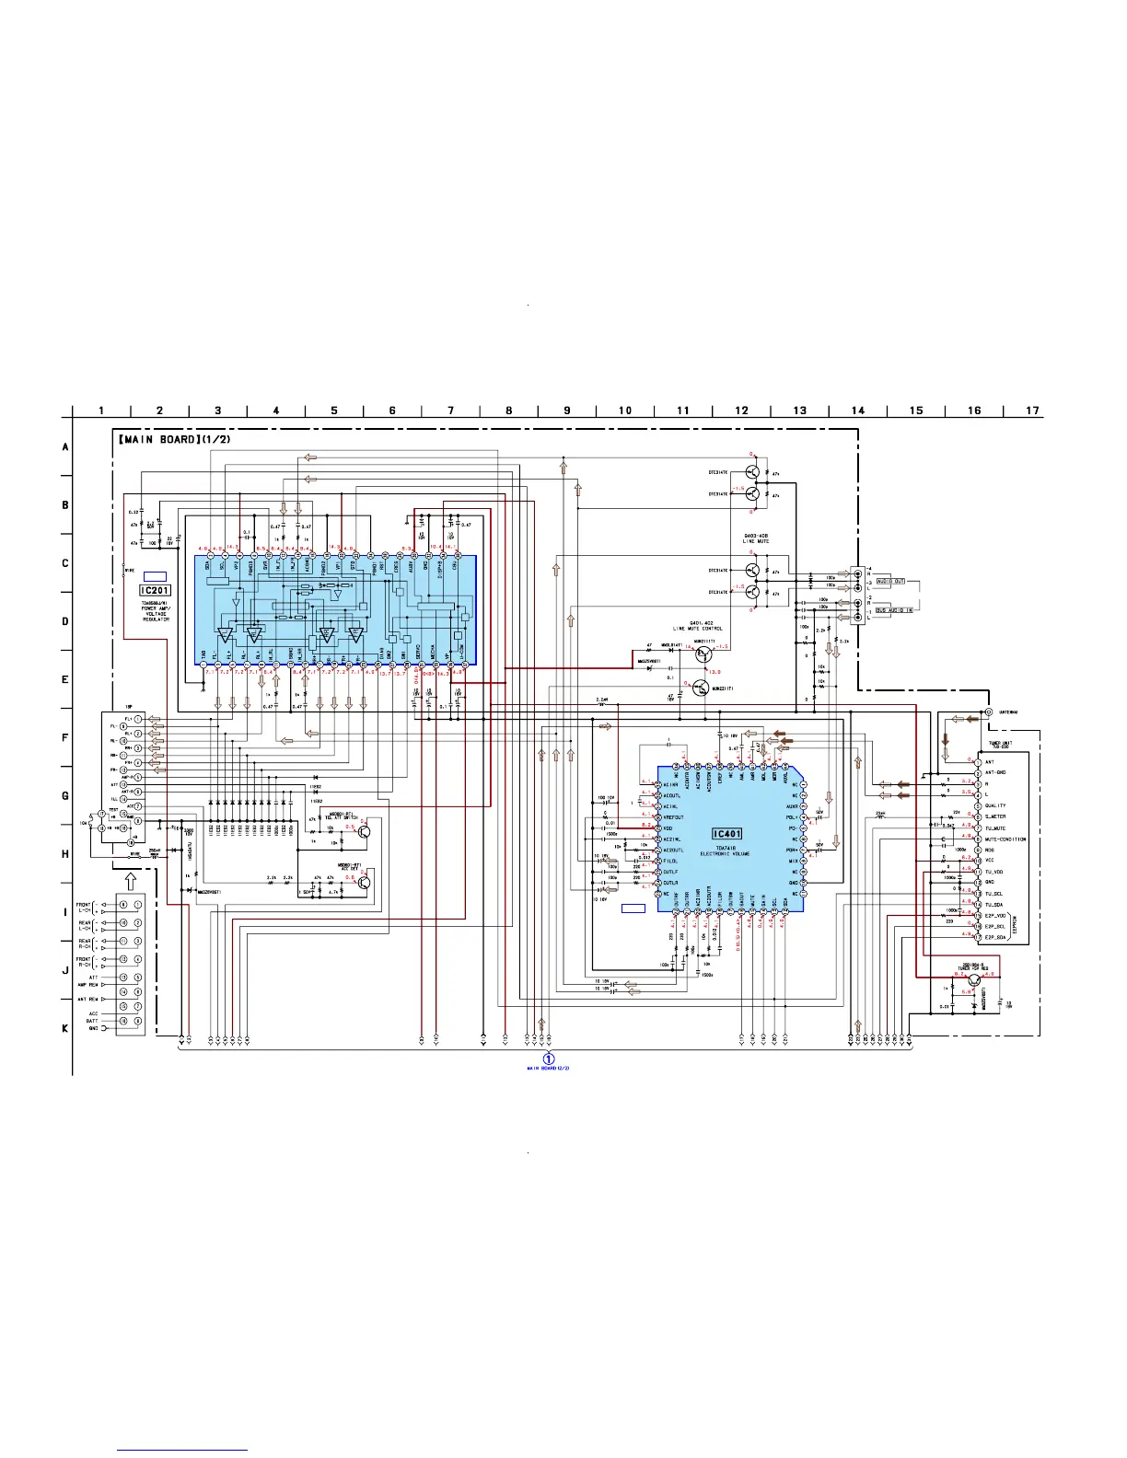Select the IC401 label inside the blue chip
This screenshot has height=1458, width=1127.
pos(726,834)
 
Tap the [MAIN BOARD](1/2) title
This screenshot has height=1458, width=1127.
pos(174,439)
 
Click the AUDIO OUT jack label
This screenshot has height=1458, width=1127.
pos(889,582)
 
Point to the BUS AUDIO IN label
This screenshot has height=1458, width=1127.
pos(893,610)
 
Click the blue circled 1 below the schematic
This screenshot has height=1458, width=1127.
pos(550,1059)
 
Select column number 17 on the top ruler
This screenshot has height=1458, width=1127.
pos(1033,411)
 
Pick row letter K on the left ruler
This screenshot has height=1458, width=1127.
pos(65,1028)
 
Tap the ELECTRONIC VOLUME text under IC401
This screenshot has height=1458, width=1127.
pos(725,854)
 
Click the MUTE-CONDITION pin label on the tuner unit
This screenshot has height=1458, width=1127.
pos(1005,839)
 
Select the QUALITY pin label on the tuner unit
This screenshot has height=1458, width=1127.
pos(994,805)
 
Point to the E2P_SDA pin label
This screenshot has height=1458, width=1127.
pos(994,937)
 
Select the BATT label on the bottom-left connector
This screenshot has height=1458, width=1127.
pos(92,1021)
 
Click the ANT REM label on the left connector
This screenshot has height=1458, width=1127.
pos(87,999)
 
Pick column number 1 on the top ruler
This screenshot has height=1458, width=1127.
pos(101,411)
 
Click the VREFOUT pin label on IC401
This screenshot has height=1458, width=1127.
pos(673,817)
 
